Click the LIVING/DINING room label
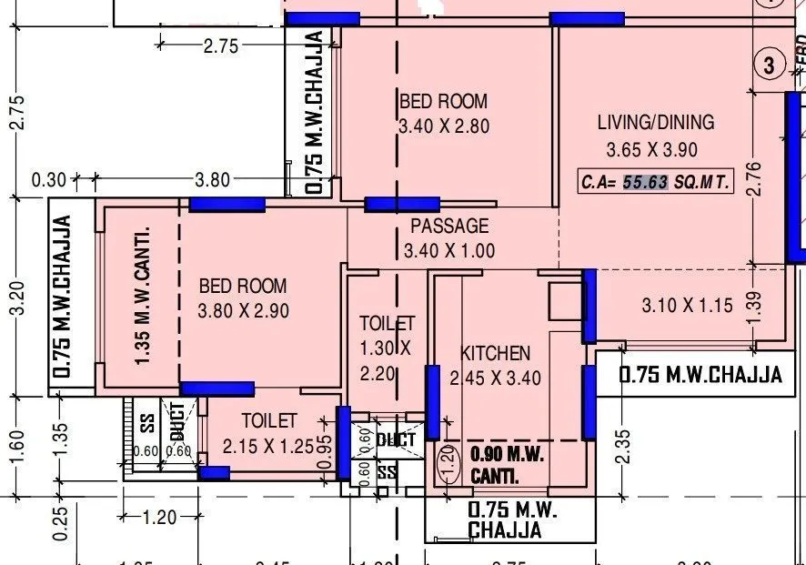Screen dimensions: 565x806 655,122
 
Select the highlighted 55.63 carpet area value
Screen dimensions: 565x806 645,182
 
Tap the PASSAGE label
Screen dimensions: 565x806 448,226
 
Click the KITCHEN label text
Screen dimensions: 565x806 495,353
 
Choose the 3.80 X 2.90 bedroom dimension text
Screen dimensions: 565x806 243,310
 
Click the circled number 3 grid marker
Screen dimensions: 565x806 770,65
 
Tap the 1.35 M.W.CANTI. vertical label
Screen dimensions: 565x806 142,296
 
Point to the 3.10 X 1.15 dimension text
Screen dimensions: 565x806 687,306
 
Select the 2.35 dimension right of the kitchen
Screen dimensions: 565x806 622,447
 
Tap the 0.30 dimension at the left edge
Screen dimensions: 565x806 48,180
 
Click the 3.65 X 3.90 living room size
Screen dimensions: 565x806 651,150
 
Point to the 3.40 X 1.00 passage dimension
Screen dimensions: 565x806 449,250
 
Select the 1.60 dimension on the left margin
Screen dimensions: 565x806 17,447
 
